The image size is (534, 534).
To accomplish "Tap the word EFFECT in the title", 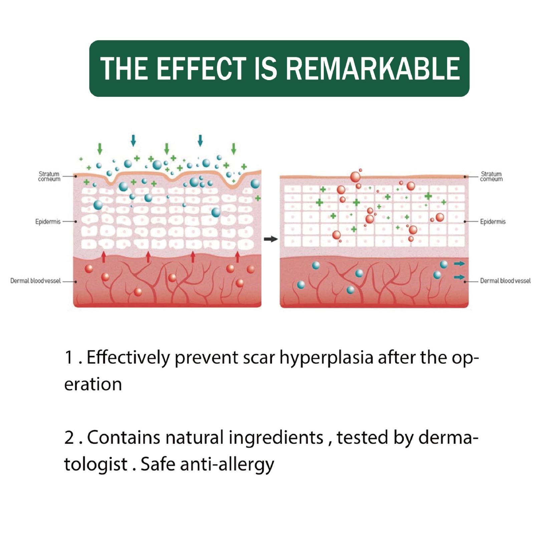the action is [x=201, y=68].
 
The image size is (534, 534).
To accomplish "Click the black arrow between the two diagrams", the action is [x=271, y=239].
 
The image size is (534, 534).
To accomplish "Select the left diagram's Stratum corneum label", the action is [x=49, y=176].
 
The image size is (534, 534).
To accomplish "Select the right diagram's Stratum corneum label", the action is [x=491, y=176].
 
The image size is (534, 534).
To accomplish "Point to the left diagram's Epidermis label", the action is [x=48, y=222].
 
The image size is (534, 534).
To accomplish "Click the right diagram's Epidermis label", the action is [x=493, y=222].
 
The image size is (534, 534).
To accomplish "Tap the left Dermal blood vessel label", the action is [x=35, y=281].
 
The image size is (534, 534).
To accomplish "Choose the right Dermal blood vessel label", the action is [x=505, y=281].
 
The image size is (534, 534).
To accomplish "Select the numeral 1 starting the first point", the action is [x=69, y=357].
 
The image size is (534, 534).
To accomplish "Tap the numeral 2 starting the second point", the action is [x=69, y=438].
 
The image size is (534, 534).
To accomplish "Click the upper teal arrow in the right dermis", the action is [x=459, y=264].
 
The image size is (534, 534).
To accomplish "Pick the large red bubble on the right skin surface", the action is [x=355, y=177].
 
